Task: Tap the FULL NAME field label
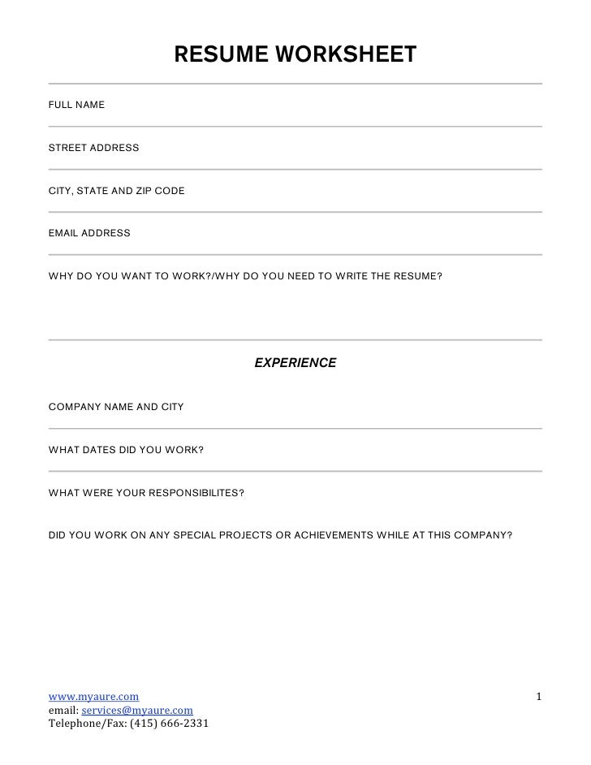point(77,106)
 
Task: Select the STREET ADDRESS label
point(94,148)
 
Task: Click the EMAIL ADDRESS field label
point(89,233)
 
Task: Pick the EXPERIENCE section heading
point(295,363)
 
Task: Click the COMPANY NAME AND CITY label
point(117,406)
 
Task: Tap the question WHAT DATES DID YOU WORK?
point(126,449)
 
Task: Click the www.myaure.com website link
point(93,697)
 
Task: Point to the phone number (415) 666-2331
point(170,724)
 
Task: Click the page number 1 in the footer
point(539,697)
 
